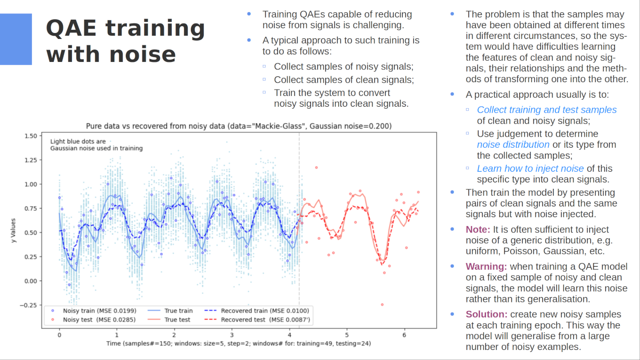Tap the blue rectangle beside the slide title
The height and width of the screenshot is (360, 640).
coord(15,39)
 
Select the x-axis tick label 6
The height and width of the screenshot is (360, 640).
coord(404,335)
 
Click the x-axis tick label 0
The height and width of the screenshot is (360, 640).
coord(59,335)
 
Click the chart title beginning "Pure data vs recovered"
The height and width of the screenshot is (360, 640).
coord(239,126)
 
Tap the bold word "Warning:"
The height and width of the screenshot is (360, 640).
coord(486,266)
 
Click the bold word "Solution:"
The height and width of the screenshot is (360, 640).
coord(485,314)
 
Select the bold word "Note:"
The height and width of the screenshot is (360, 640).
coord(477,229)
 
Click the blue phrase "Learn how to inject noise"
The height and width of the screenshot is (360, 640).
coord(530,169)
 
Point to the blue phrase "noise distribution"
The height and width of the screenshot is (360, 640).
coord(513,145)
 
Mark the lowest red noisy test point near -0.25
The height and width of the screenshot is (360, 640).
coord(382,305)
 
